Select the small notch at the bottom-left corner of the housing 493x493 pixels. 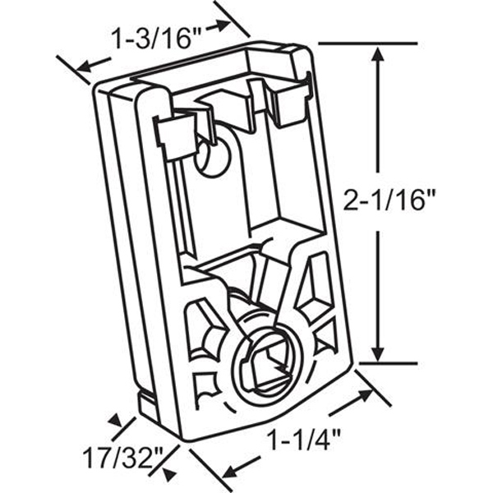(x=148, y=403)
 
